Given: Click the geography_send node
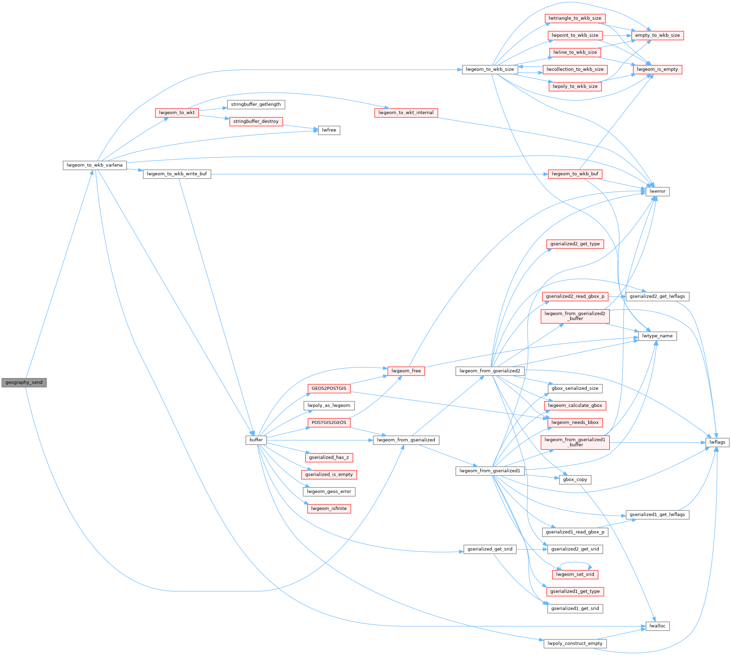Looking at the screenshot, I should pyautogui.click(x=24, y=383).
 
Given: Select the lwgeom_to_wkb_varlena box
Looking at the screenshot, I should pyautogui.click(x=95, y=165).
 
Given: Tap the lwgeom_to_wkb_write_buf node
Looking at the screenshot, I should pyautogui.click(x=177, y=174).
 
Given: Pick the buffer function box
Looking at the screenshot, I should pyautogui.click(x=256, y=440).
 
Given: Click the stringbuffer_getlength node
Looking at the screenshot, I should pyautogui.click(x=256, y=104).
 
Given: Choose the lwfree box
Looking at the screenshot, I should pyautogui.click(x=329, y=130).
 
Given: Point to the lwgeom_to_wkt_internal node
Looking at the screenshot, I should pyautogui.click(x=406, y=113).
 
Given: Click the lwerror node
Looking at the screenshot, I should pyautogui.click(x=657, y=192).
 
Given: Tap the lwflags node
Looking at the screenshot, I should pyautogui.click(x=717, y=442).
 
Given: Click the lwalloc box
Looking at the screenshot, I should pyautogui.click(x=657, y=626).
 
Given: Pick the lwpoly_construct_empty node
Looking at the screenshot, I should pyautogui.click(x=575, y=643).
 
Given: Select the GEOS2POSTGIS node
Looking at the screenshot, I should pyautogui.click(x=329, y=388).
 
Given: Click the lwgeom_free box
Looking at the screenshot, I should pyautogui.click(x=406, y=371).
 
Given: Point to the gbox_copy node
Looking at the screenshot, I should pyautogui.click(x=575, y=479).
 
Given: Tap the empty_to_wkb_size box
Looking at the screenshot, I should pyautogui.click(x=657, y=35).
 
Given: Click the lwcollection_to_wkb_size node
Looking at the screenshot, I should pyautogui.click(x=575, y=69).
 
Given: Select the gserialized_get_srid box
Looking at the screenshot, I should pyautogui.click(x=490, y=549).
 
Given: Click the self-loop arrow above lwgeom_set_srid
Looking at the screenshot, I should pyautogui.click(x=575, y=563).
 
